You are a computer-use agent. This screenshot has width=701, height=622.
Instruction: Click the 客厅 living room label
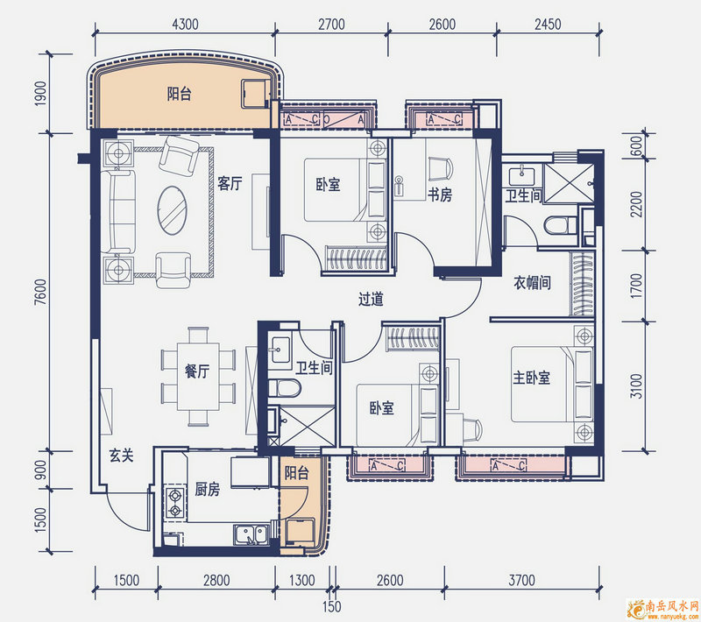[230, 183]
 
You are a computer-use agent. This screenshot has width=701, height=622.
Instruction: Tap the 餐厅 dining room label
[197, 371]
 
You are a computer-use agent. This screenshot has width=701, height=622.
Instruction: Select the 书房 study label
[440, 194]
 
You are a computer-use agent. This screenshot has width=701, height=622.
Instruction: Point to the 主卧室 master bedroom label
[531, 378]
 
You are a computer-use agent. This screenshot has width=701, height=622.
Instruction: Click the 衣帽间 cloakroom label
[532, 282]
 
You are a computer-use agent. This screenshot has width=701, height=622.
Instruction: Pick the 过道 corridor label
[371, 299]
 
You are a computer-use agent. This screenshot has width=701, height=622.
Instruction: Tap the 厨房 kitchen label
[208, 490]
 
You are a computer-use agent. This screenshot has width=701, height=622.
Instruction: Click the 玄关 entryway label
[122, 456]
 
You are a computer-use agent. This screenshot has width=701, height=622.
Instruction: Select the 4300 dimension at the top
[185, 24]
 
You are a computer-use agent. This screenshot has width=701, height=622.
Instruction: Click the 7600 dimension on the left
[40, 293]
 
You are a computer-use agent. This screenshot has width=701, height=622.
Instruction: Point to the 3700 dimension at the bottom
[521, 580]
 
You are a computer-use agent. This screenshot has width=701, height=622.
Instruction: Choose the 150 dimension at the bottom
[332, 606]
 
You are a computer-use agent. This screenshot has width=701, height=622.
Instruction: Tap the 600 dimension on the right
[637, 145]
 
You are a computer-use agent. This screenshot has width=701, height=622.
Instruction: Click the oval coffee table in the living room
[172, 210]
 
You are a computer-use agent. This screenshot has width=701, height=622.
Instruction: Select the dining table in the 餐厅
[198, 376]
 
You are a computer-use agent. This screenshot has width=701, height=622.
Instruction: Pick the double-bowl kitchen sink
[251, 535]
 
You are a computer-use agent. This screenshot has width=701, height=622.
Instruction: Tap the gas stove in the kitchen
[174, 503]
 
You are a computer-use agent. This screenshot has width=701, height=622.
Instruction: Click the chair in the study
[441, 169]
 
